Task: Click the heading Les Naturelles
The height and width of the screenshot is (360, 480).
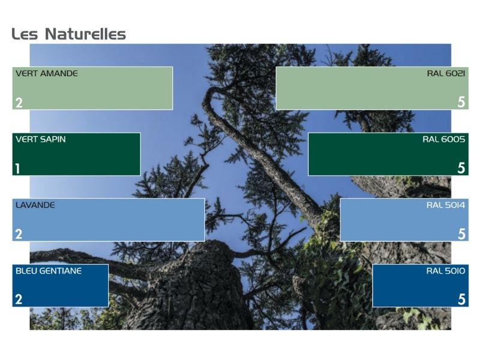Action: [69, 34]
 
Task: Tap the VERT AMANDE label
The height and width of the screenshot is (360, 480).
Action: [47, 73]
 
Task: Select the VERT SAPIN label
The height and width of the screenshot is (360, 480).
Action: [40, 139]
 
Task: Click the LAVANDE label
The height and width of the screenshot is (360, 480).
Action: [35, 205]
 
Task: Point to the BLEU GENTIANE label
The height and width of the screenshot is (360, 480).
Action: [49, 271]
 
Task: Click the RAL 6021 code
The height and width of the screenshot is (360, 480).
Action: [446, 73]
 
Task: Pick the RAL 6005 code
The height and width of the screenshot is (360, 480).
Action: [444, 139]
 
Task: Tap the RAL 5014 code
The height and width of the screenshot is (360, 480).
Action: [446, 205]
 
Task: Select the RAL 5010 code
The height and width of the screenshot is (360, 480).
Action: [446, 271]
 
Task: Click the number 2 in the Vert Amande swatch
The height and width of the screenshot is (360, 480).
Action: [19, 103]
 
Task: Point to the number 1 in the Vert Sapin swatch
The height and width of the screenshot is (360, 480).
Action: [18, 169]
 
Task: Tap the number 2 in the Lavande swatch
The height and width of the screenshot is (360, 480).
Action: [19, 235]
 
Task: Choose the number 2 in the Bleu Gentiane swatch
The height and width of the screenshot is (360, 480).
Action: [19, 299]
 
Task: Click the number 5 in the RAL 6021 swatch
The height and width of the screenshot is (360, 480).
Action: [461, 102]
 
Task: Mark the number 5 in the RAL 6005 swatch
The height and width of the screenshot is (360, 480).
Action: [461, 168]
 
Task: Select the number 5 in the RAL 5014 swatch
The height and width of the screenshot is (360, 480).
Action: [461, 234]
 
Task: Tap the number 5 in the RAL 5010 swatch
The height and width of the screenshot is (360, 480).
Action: [461, 299]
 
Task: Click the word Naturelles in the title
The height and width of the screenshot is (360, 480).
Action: [85, 34]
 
